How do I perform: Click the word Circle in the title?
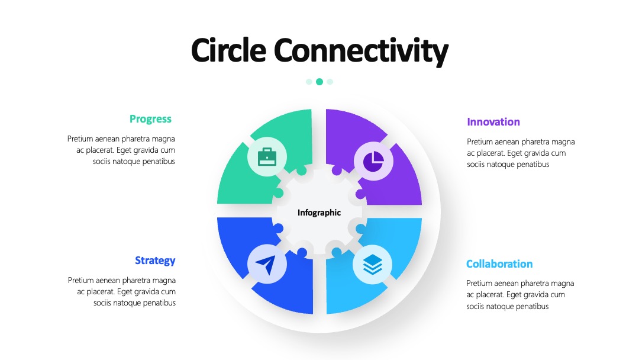tap(228, 50)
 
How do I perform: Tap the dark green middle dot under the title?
tap(319, 82)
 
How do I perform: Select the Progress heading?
tap(150, 119)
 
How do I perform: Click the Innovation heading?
tap(493, 122)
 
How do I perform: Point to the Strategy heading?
tap(155, 261)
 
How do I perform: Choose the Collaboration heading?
tap(499, 263)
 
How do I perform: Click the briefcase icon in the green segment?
tap(267, 157)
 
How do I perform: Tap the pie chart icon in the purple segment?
tap(373, 162)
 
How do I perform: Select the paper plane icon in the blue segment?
tap(266, 265)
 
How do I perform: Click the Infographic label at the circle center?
tap(319, 213)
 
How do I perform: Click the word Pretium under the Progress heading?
tap(80, 139)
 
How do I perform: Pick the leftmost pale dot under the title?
tap(309, 82)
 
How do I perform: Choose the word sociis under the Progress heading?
tap(102, 162)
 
